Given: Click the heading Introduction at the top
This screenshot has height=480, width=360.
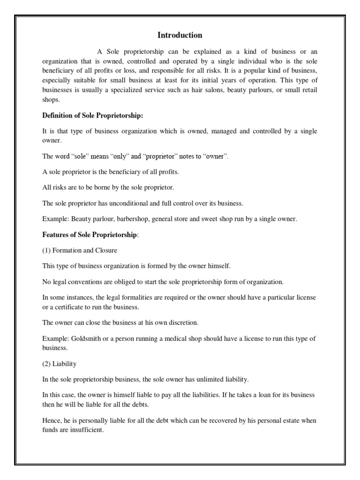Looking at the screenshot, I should point(180,35).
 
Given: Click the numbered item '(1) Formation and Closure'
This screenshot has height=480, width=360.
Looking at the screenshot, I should point(79,250).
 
